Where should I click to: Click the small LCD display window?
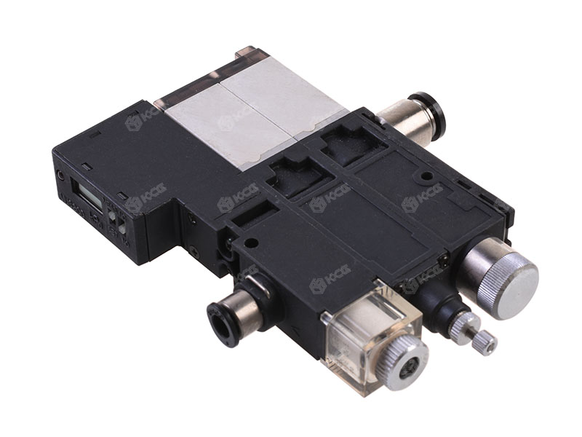tap(89, 195)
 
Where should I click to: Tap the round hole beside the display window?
tap(60, 176)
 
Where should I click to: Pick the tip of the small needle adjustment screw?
tap(485, 342)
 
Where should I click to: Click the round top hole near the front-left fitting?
tap(252, 243)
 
